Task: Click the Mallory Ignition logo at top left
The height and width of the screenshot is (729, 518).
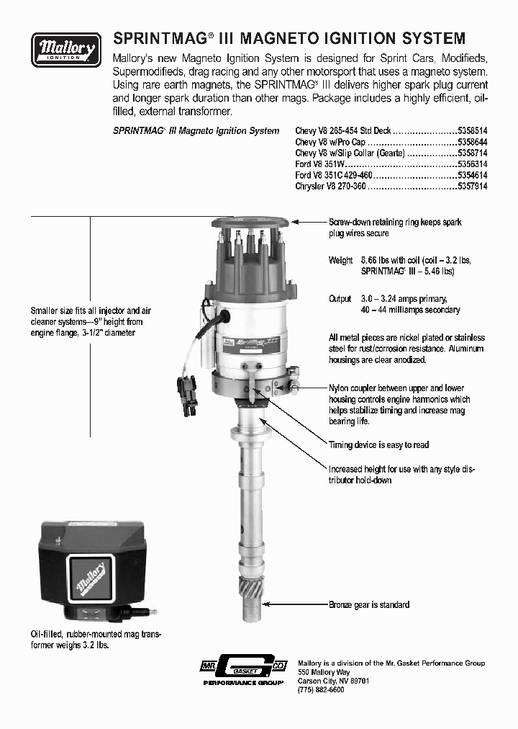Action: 66,50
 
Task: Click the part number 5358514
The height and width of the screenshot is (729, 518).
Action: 473,131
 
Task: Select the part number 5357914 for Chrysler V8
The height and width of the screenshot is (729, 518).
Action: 473,186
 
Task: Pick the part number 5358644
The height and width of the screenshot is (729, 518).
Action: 473,143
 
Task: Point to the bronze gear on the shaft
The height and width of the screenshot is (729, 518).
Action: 252,583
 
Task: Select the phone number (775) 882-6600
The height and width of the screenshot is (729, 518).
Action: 321,689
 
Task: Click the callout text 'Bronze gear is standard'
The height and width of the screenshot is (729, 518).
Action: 369,604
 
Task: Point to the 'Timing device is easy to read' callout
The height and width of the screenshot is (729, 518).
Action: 378,445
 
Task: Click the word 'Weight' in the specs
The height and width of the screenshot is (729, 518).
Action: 340,260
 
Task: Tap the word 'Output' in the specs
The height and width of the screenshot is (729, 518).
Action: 340,299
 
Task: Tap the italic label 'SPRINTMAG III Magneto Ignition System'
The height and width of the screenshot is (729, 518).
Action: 196,131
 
